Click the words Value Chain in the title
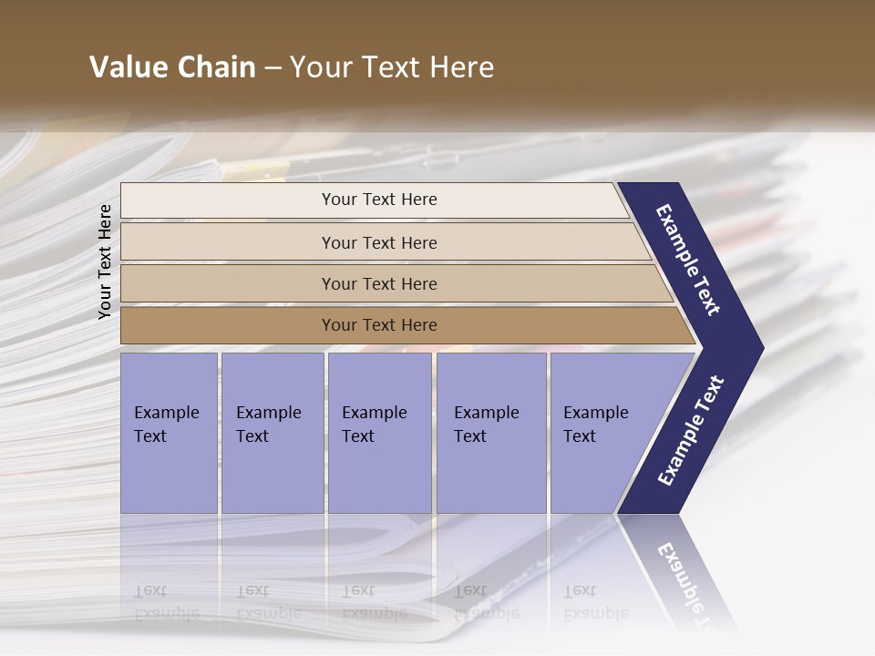(172, 67)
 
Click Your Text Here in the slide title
(392, 67)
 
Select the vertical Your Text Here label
(105, 261)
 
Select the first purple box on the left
(169, 433)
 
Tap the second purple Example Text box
(272, 433)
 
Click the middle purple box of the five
(379, 433)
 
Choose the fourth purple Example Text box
(491, 433)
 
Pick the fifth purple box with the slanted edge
(602, 433)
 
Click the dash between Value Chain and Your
(273, 68)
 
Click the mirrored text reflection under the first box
(166, 602)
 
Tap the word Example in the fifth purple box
(595, 413)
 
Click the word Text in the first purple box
(150, 436)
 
